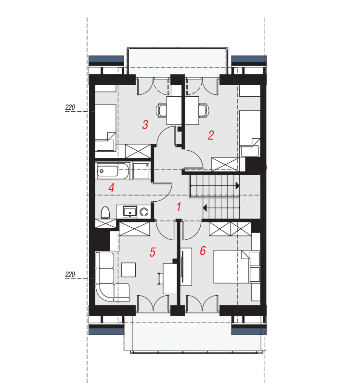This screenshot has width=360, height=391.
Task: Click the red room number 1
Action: click(x=179, y=207)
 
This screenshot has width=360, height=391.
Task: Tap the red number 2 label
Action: click(x=211, y=135)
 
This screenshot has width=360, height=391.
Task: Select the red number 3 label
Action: click(x=145, y=124)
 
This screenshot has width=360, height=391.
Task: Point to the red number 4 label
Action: click(x=111, y=188)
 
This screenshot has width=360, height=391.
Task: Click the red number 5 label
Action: click(x=153, y=252)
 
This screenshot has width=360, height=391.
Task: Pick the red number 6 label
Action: click(x=203, y=250)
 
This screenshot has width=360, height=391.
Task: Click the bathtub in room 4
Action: click(x=113, y=171)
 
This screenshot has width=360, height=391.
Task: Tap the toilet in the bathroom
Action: click(x=105, y=213)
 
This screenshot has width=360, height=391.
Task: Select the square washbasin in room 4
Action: click(x=129, y=212)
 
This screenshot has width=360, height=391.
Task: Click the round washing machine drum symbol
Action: click(x=144, y=212)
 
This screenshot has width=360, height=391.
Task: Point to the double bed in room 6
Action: click(x=231, y=267)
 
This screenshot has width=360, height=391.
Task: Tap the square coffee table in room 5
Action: click(x=129, y=270)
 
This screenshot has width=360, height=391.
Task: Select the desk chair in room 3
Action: click(x=161, y=110)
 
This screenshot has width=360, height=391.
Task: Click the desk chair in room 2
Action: click(x=204, y=110)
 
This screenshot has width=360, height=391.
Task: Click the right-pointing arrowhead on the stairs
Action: click(x=237, y=186)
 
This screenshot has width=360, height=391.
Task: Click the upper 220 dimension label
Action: click(x=70, y=107)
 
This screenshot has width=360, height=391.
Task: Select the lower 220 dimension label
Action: click(x=70, y=274)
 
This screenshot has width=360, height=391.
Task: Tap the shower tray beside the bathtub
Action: click(x=141, y=171)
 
